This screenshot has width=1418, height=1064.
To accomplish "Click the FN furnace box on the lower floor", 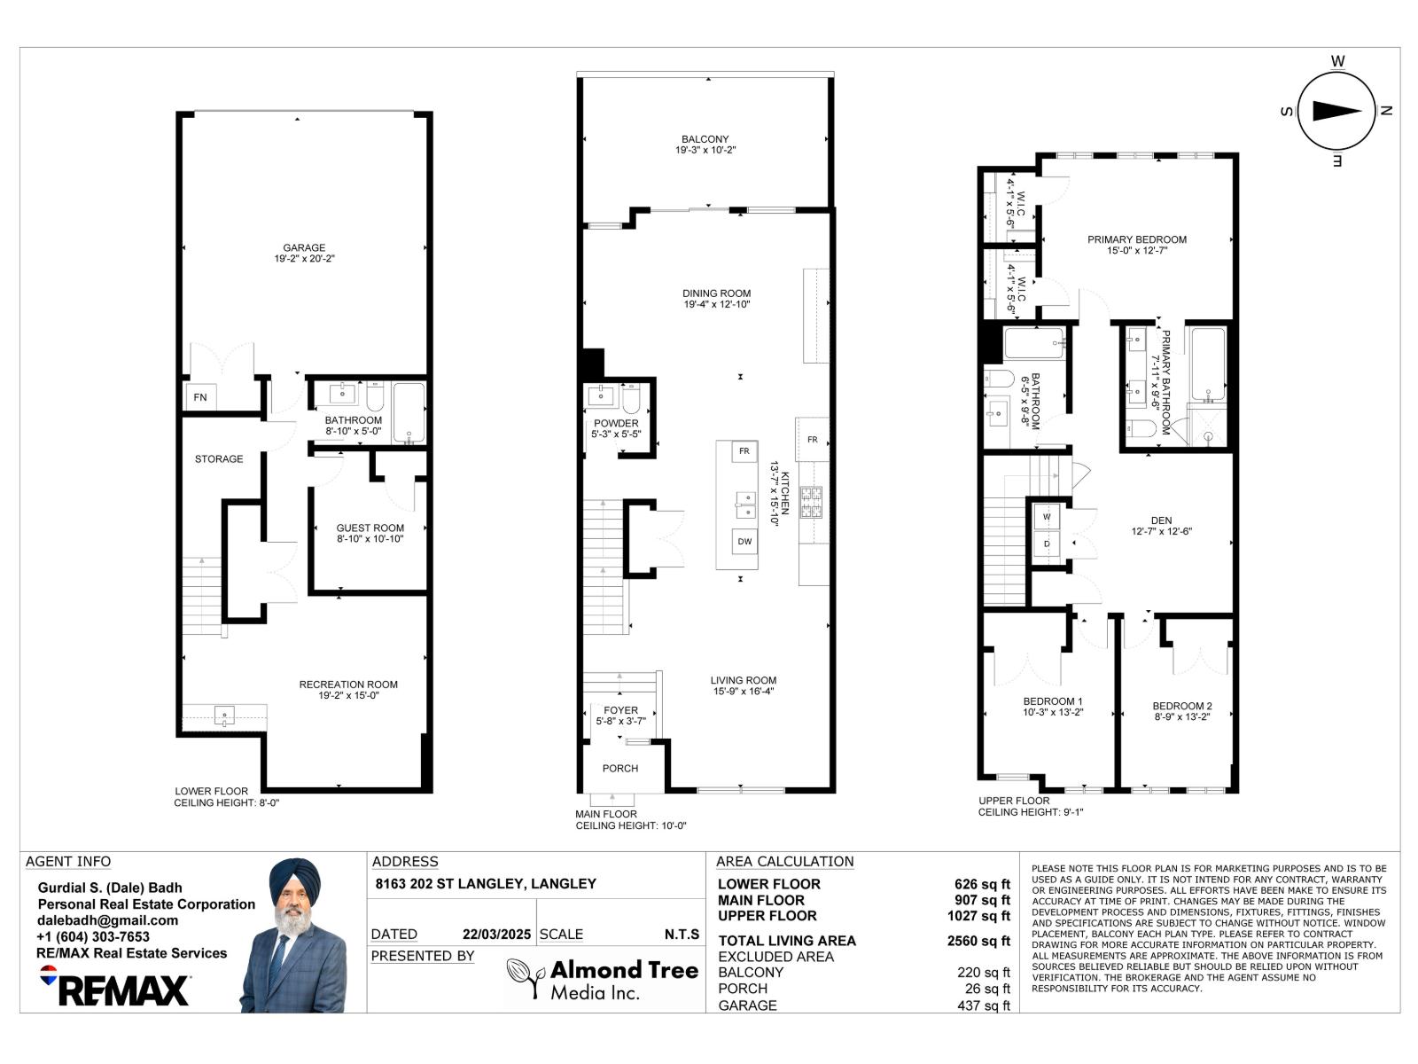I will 200,397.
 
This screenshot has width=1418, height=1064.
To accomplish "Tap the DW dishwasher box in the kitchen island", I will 744,542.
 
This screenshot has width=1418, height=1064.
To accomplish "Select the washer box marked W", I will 1047,516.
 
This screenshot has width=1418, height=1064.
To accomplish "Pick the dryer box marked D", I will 1047,544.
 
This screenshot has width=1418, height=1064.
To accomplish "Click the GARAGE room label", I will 304,248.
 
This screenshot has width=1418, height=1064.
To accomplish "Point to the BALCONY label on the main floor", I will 705,139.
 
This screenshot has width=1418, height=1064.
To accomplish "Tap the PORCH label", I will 620,769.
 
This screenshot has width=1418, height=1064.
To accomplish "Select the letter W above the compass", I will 1338,61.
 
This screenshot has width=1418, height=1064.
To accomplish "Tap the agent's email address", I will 107,920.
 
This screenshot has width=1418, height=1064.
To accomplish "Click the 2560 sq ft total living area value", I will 978,941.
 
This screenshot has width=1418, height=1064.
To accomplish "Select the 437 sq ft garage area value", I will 983,1005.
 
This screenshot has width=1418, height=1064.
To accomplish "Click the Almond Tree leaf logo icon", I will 525,977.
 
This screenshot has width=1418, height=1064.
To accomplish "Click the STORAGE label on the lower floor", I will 219,459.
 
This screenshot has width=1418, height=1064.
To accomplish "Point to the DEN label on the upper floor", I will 1161,520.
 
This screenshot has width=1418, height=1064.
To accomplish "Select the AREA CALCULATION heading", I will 784,861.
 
